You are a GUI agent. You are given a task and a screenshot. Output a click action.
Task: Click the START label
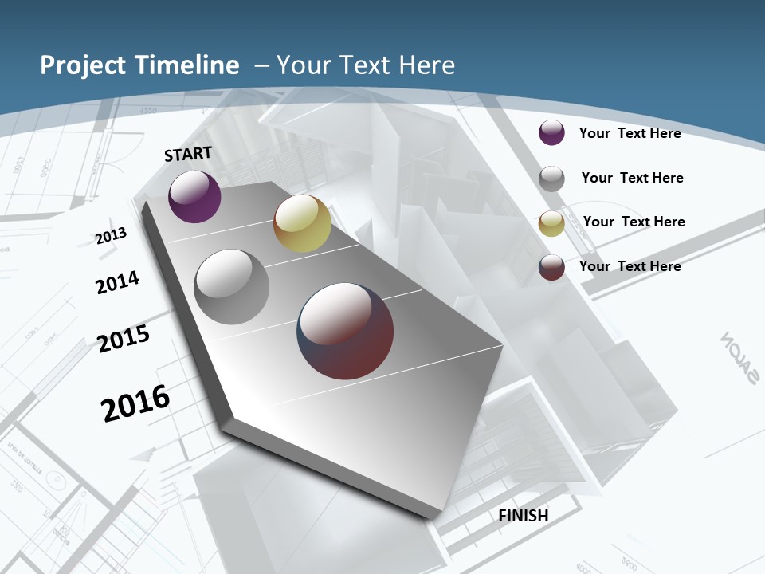(188, 154)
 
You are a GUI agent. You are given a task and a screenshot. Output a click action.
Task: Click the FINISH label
(523, 516)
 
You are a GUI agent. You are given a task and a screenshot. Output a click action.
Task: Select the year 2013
(111, 236)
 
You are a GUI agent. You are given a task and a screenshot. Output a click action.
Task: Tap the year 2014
(117, 282)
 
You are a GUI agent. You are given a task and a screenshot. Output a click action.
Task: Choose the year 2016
(135, 403)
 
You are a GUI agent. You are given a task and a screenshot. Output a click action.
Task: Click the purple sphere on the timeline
(194, 196)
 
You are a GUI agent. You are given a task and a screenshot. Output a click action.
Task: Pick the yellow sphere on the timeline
(302, 223)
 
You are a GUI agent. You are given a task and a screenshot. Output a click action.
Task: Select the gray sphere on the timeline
(231, 287)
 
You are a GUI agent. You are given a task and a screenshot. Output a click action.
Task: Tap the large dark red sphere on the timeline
(345, 331)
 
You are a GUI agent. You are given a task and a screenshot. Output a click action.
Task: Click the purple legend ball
(551, 132)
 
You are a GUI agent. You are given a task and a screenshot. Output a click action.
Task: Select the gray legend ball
(551, 179)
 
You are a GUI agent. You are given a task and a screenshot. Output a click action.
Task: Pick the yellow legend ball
(551, 223)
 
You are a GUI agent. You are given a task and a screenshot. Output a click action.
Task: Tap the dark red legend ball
(551, 267)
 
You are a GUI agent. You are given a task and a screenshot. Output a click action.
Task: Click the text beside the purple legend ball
(630, 133)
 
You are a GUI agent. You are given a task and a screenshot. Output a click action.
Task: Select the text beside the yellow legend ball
(634, 222)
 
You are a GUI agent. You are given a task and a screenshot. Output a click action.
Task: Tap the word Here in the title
(428, 65)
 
